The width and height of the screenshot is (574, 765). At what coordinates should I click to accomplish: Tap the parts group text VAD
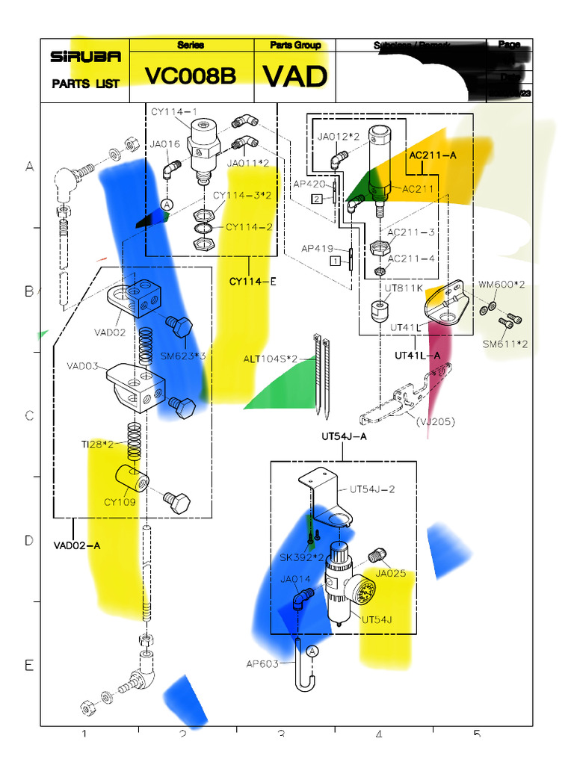coord(295,77)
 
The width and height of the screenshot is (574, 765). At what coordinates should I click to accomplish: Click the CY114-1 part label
coord(174,112)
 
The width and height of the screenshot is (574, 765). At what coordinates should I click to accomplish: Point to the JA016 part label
coord(164,144)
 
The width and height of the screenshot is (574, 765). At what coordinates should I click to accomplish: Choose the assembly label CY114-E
coord(253,282)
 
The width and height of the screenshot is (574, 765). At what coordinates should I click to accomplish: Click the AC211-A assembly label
coord(433,155)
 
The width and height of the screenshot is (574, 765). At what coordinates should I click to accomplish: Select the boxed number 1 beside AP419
coord(336,261)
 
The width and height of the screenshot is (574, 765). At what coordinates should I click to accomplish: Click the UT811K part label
coord(404,288)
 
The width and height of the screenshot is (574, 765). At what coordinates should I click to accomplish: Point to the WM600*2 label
coord(502,285)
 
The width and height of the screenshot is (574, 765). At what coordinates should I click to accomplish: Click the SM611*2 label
coord(505,344)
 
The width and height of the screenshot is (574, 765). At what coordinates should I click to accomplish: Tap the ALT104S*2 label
coord(269,359)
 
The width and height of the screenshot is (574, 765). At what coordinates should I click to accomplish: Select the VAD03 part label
coord(83,366)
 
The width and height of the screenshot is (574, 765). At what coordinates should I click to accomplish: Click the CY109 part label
coord(120,502)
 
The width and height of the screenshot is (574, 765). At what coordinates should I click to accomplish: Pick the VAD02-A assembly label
coord(77,545)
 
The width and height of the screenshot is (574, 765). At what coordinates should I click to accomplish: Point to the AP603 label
coord(262,663)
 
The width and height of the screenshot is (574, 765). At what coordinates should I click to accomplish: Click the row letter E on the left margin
coord(29,665)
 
